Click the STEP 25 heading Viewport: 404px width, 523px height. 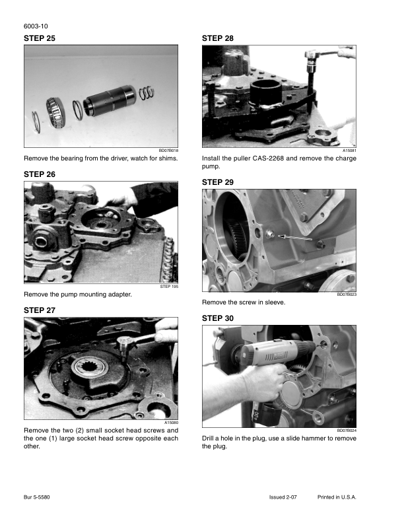tap(40, 38)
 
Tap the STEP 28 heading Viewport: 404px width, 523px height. tap(218, 38)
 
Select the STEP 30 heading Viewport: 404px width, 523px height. tap(218, 318)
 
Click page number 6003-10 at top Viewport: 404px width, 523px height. tap(36, 26)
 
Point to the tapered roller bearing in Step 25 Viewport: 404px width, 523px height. tap(55, 113)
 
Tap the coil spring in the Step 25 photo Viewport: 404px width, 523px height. tap(147, 92)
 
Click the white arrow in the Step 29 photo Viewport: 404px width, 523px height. tap(295, 237)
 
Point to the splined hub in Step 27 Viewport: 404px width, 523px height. tap(90, 368)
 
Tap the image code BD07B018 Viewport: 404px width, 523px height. tap(168, 151)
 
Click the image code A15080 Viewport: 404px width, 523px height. tap(171, 423)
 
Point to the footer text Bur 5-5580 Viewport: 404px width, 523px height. tap(37, 497)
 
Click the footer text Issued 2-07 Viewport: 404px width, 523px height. tap(283, 497)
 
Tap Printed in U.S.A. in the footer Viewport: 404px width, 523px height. tap(337, 497)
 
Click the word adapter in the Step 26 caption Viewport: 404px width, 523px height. tap(119, 295)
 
